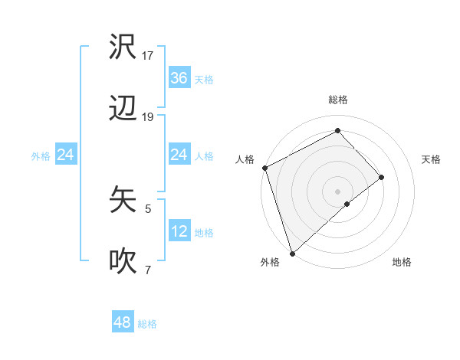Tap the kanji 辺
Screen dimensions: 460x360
[123, 110]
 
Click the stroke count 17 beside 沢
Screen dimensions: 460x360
[148, 55]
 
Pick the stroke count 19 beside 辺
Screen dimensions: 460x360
[148, 117]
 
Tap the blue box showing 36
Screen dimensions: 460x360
[179, 77]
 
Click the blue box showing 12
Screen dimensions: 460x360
[179, 231]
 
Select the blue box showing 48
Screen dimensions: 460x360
[122, 322]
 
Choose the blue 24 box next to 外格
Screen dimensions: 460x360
[65, 155]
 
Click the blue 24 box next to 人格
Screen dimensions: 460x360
[179, 155]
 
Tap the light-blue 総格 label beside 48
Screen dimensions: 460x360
[147, 324]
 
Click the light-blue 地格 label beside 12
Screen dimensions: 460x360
[204, 233]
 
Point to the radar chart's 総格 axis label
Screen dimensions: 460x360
[338, 100]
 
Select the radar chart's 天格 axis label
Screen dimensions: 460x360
[431, 159]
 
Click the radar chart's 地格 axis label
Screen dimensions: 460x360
[402, 262]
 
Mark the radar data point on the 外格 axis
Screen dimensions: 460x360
[291, 252]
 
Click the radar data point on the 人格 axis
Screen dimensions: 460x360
[264, 168]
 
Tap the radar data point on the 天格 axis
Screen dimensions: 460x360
[381, 177]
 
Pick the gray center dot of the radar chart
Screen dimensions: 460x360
[337, 191]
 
